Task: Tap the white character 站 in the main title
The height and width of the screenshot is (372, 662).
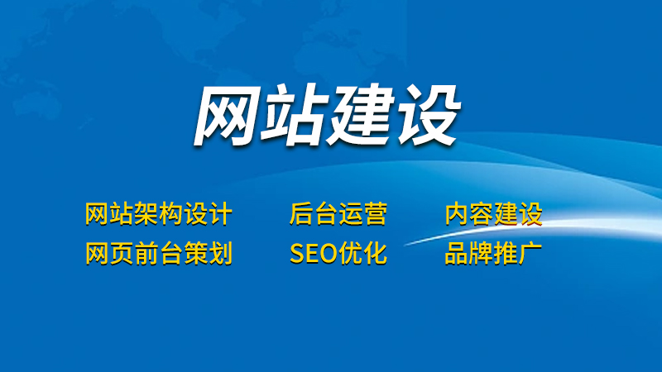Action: (x=295, y=115)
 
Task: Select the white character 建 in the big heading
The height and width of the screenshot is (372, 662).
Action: (x=361, y=115)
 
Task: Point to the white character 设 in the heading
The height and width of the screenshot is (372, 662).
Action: (x=426, y=115)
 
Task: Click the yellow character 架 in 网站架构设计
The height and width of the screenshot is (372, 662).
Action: (x=146, y=213)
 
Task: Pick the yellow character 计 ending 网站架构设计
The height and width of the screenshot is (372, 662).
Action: (x=220, y=213)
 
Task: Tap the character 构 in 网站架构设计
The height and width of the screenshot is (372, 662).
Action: (x=170, y=213)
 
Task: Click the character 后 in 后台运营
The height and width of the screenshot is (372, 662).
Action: (x=301, y=213)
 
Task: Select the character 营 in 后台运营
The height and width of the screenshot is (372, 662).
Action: (x=375, y=213)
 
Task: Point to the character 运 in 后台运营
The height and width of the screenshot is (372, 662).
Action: (x=350, y=213)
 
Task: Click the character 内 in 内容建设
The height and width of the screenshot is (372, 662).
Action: (x=458, y=213)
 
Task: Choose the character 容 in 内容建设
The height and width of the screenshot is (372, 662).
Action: (x=482, y=213)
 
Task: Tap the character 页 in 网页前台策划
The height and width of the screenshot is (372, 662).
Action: (x=122, y=253)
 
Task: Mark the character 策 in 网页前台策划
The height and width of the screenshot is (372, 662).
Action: (x=195, y=253)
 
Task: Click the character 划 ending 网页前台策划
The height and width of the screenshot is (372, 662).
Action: (x=220, y=253)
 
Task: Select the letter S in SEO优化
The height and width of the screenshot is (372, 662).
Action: (x=297, y=254)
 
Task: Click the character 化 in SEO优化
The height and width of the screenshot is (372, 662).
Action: (x=375, y=253)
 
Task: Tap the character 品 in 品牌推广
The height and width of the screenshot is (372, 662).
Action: (x=457, y=253)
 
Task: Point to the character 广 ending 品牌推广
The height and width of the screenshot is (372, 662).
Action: (x=530, y=253)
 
